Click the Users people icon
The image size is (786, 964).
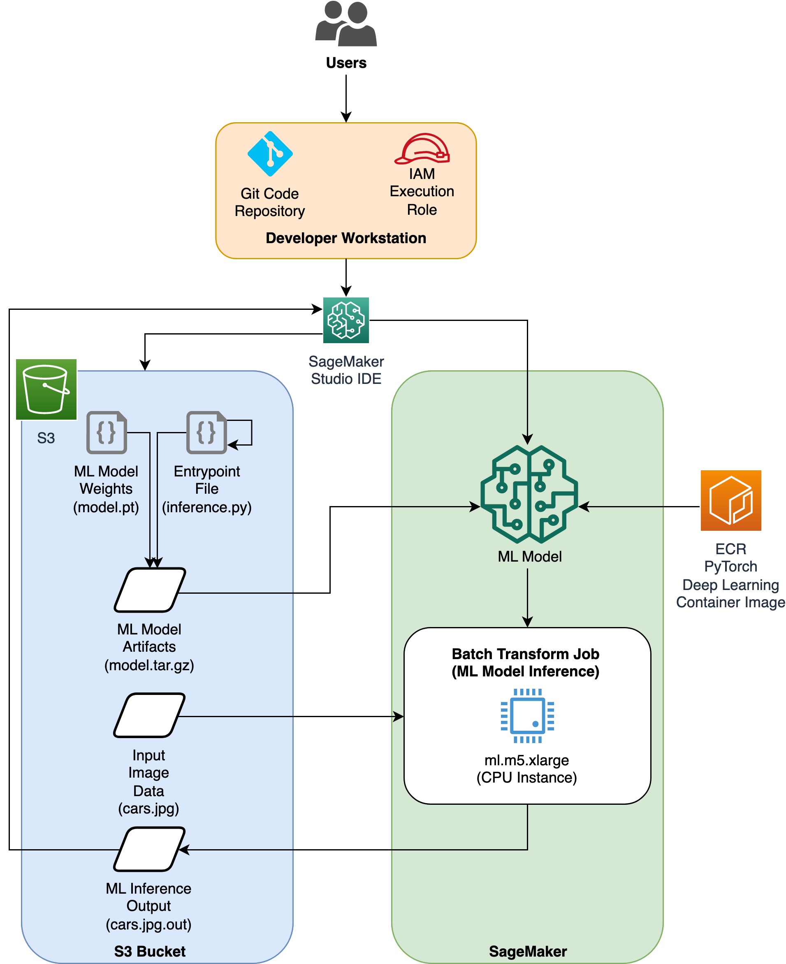[x=346, y=23]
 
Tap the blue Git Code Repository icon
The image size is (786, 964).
[x=270, y=153]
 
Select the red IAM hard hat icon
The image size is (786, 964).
[x=422, y=149]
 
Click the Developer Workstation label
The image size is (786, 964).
[x=346, y=238]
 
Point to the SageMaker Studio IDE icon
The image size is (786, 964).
[x=346, y=320]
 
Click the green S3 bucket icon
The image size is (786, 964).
[x=46, y=389]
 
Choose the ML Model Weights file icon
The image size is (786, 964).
[x=107, y=432]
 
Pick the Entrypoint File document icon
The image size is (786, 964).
[x=206, y=432]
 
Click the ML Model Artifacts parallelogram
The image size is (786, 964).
[x=150, y=590]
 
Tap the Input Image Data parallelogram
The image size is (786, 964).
[x=149, y=715]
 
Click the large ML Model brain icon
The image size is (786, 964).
[x=529, y=494]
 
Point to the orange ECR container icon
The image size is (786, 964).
[x=731, y=500]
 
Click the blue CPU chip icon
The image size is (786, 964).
[x=527, y=715]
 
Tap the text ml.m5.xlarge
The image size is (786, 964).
[x=526, y=760]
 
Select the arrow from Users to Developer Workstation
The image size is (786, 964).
[x=346, y=98]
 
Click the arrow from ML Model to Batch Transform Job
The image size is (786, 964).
[x=527, y=598]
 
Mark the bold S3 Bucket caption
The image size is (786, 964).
[x=150, y=951]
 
